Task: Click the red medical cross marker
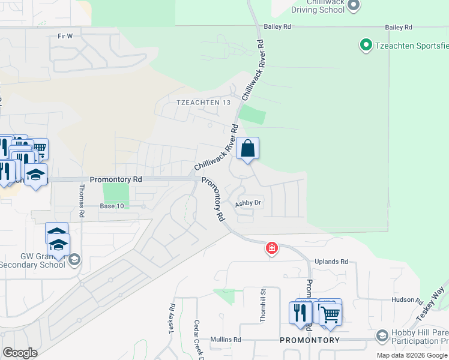click(x=272, y=248)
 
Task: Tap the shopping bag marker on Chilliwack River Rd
click(x=247, y=148)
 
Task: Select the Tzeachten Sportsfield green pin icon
click(x=365, y=44)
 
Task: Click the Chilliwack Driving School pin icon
click(x=354, y=5)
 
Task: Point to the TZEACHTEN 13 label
click(x=204, y=103)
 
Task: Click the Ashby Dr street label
click(x=249, y=203)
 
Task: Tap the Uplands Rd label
click(x=331, y=262)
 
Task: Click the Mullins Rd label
click(x=225, y=340)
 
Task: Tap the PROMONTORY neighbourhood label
click(x=310, y=340)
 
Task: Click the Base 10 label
click(x=112, y=206)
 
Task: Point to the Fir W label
click(x=65, y=36)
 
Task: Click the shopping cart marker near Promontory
click(x=330, y=313)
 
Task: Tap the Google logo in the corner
click(x=20, y=352)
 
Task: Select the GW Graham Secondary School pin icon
click(x=74, y=259)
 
